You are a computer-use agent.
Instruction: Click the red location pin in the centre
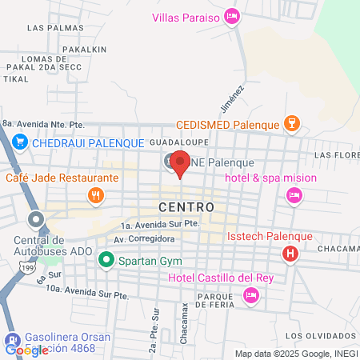(180, 163)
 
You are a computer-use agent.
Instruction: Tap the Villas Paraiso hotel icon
(232, 15)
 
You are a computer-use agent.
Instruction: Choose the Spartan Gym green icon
(106, 259)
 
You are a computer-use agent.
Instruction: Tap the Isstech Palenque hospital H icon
(290, 254)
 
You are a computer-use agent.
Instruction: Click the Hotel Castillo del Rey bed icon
(251, 295)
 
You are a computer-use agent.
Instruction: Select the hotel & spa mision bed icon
(294, 194)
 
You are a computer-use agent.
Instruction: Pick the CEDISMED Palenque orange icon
(292, 124)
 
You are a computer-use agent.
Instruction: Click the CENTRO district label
(186, 206)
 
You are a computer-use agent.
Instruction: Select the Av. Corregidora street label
(144, 239)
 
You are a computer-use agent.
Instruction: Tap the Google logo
(26, 350)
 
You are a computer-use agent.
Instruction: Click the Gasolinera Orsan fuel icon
(12, 338)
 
